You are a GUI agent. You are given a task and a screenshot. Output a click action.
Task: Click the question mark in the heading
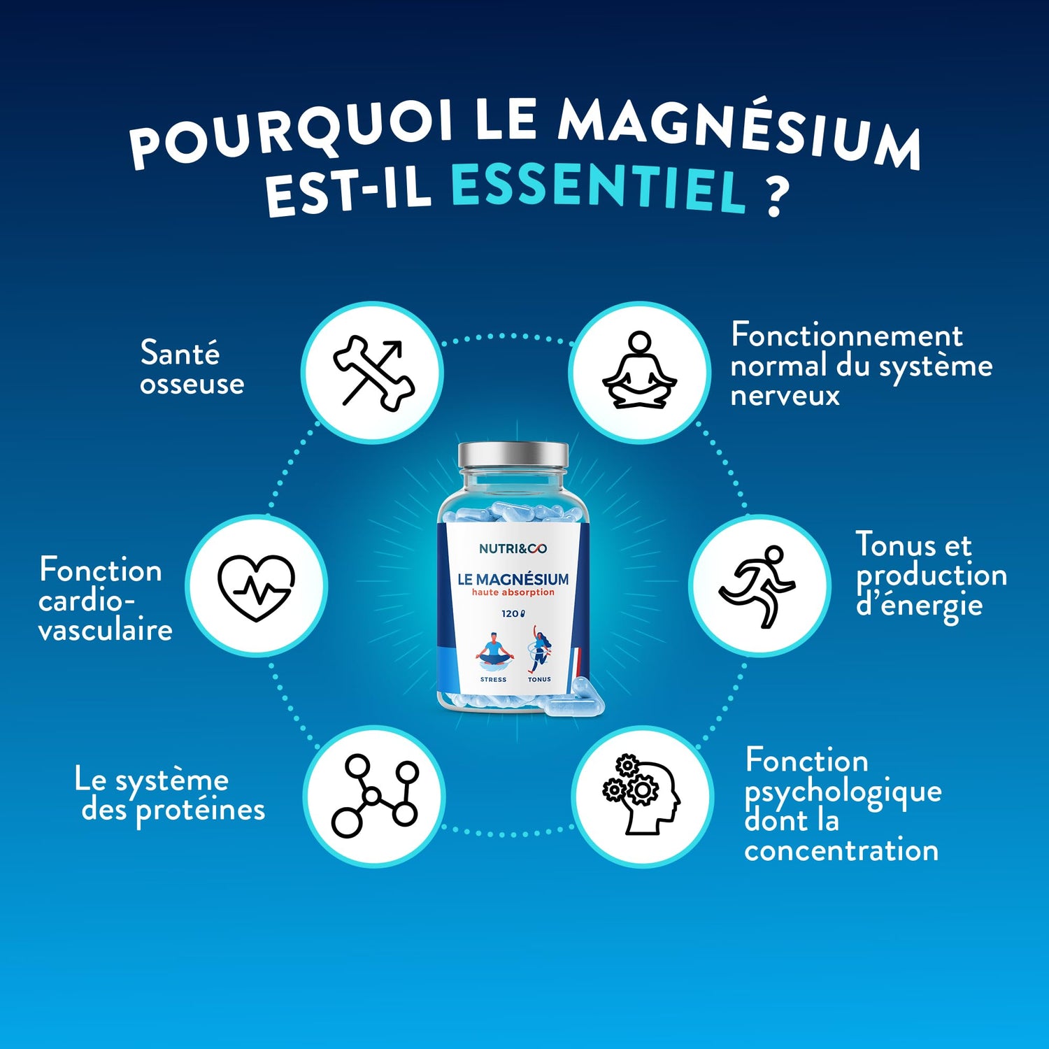776,196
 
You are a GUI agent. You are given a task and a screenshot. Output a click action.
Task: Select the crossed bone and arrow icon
374,372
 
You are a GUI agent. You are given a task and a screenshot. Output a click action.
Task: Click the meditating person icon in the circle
639,371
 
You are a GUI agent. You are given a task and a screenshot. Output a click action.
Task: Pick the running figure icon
757,586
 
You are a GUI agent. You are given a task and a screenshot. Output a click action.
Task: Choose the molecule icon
375,796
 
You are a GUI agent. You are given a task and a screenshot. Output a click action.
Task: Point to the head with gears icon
641,794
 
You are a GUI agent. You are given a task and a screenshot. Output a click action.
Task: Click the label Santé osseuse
192,368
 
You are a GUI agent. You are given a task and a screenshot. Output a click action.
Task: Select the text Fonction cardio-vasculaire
105,599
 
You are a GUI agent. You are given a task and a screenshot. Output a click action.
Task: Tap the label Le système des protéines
170,796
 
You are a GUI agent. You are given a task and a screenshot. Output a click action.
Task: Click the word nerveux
785,396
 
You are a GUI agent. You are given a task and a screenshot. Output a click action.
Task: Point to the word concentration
841,850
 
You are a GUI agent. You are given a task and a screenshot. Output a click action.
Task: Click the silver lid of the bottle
513,456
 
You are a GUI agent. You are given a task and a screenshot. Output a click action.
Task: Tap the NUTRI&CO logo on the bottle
513,549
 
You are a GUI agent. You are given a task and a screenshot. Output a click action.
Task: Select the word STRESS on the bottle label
493,680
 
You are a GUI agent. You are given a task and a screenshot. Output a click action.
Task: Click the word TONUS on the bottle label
539,680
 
